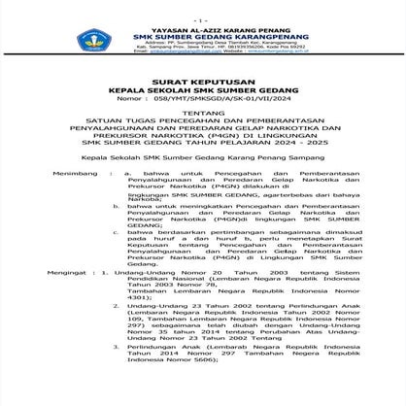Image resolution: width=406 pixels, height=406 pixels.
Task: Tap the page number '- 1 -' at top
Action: point(202,19)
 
